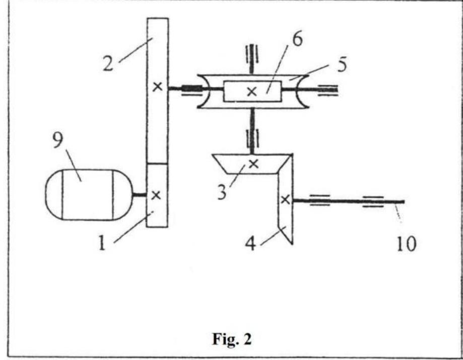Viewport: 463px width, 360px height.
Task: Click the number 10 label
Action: point(406,244)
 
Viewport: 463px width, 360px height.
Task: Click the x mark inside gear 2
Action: point(157,87)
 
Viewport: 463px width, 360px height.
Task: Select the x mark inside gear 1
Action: point(157,194)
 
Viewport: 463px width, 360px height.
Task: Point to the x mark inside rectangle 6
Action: point(251,91)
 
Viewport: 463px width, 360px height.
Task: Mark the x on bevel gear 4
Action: point(285,200)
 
